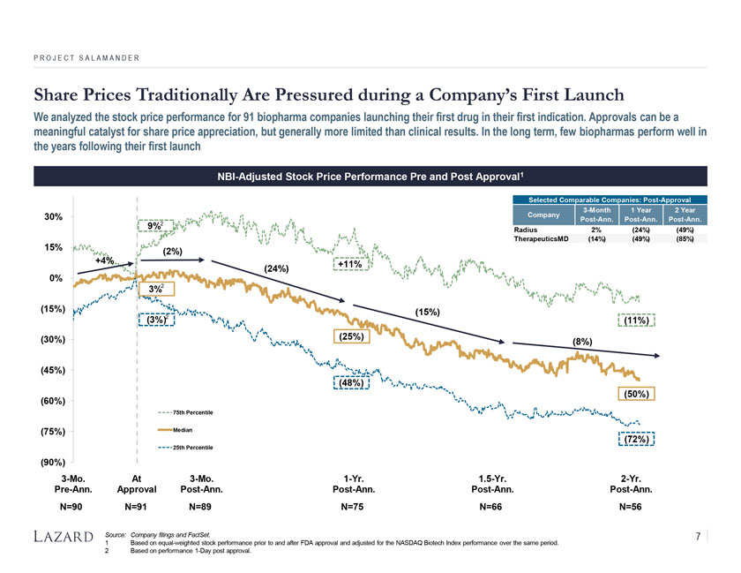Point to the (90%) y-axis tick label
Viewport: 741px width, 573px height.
tap(51, 462)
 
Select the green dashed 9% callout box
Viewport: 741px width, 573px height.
tap(153, 227)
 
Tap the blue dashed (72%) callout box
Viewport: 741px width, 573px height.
tap(637, 439)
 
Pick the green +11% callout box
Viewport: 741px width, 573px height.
tap(350, 263)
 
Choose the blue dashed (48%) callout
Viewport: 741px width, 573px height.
tap(350, 382)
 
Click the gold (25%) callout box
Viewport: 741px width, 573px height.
tap(350, 336)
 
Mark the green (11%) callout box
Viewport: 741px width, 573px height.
tap(637, 321)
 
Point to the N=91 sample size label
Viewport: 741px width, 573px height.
tap(137, 507)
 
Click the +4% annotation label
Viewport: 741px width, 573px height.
tap(107, 261)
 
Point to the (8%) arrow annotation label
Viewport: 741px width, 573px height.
tap(582, 341)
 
